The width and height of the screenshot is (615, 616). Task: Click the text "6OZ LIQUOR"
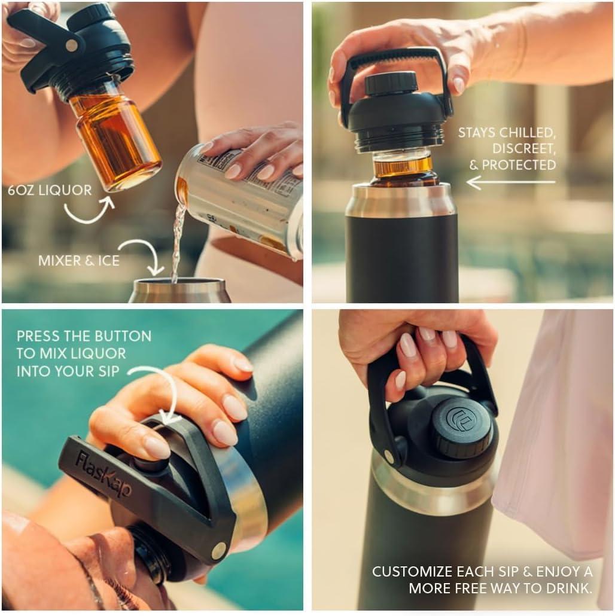(50, 191)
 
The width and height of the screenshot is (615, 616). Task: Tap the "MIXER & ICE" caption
(79, 261)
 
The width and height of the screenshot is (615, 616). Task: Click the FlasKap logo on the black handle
(103, 475)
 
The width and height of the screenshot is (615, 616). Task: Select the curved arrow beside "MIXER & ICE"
(144, 255)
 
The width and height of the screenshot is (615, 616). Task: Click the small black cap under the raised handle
(391, 83)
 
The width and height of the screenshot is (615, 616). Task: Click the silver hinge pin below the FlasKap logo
(219, 550)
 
